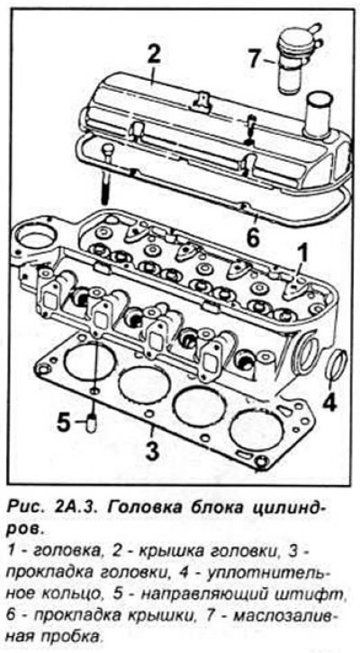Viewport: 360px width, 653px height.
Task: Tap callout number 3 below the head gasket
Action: click(x=152, y=450)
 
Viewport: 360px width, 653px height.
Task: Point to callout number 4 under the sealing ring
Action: click(x=328, y=400)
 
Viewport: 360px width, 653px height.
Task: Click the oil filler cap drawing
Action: click(x=298, y=58)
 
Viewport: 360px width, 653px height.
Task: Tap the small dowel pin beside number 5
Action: click(x=91, y=423)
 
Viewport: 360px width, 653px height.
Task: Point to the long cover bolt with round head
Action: click(x=107, y=174)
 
